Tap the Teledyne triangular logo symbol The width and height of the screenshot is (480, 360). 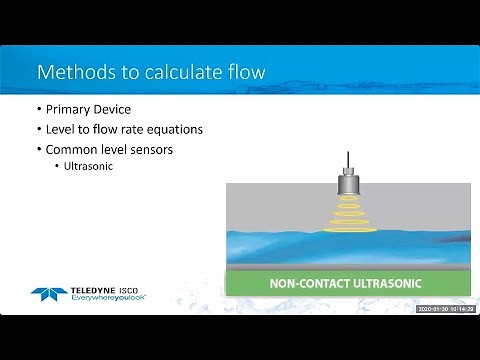pos(50,295)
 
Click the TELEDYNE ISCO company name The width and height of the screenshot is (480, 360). pos(110,290)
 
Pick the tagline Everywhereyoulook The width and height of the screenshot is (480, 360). pos(109,299)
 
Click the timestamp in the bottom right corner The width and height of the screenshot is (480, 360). pos(446,309)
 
